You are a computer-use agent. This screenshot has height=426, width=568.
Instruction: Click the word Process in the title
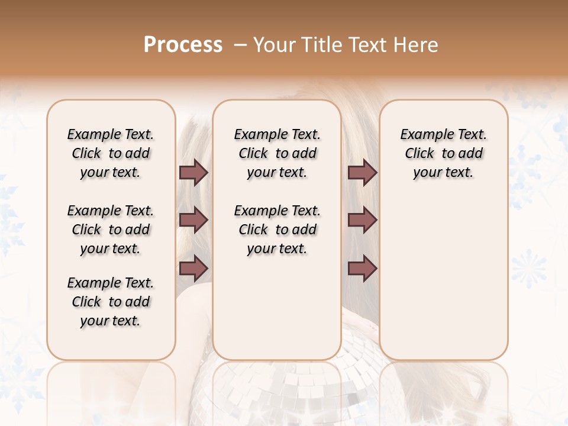coord(183,44)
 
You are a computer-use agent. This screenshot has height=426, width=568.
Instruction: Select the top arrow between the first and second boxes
coord(193,173)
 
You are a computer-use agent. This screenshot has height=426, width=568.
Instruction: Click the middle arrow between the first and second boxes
coord(193,221)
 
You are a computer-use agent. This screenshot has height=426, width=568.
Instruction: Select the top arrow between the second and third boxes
coord(362,173)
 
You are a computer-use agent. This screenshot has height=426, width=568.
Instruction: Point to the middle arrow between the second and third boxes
coord(362,221)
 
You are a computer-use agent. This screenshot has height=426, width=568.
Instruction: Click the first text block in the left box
coord(111,153)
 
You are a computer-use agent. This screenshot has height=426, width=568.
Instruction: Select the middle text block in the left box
coord(111,230)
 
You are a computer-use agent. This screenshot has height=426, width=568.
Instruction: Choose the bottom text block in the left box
coord(111,302)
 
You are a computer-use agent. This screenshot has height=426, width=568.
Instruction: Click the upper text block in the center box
coord(277,153)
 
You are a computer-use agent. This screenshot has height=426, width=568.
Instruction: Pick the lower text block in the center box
coord(277,230)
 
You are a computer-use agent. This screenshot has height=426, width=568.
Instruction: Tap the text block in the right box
coord(443,153)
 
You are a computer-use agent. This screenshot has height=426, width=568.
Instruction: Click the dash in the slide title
coord(240,44)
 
